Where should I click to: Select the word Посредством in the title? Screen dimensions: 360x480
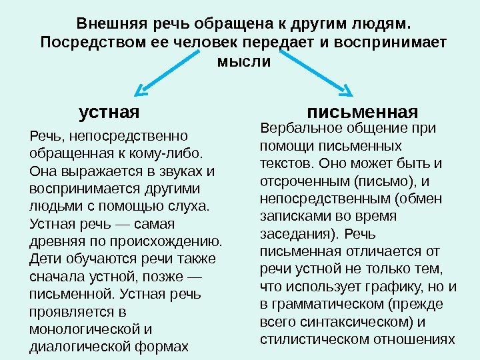(83, 43)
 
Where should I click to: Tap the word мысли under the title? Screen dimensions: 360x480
(244, 62)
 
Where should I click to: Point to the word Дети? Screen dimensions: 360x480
(45, 258)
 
